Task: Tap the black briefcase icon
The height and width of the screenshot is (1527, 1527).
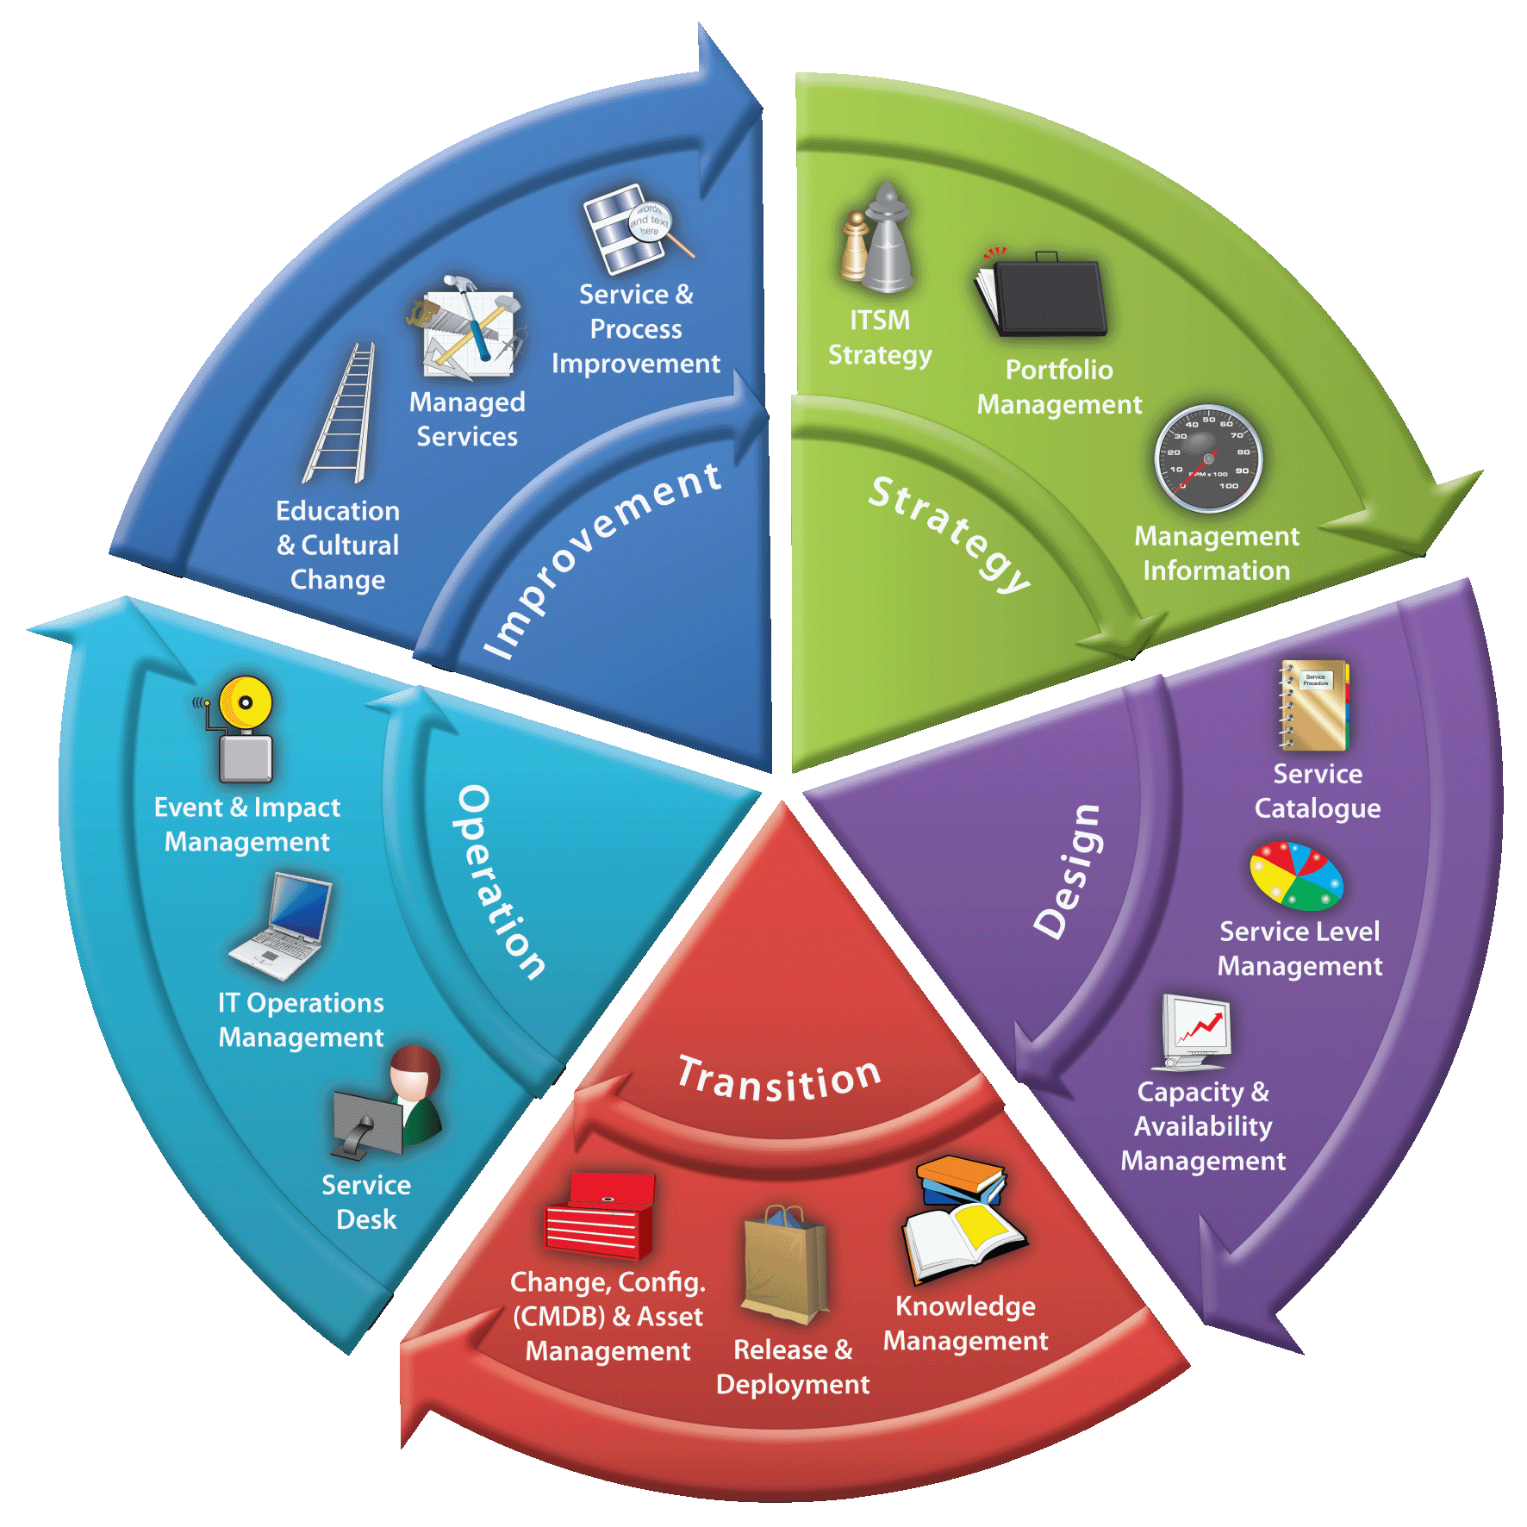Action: point(1042,294)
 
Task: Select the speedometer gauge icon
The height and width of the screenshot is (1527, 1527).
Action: point(1208,458)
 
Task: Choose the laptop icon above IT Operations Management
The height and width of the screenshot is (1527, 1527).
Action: point(282,927)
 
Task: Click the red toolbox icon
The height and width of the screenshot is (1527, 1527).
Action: point(600,1215)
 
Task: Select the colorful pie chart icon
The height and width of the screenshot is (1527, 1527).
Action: point(1296,876)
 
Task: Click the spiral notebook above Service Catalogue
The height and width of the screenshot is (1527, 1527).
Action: point(1313,705)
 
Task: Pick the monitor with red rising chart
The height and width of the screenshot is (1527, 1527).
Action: point(1196,1032)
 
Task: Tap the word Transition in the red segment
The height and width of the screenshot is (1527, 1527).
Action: point(780,1079)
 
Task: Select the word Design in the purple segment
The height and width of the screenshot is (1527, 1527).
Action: point(1068,871)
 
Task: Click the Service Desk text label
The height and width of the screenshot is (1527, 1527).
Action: point(366,1202)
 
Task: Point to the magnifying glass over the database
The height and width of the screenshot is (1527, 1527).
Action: point(658,226)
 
